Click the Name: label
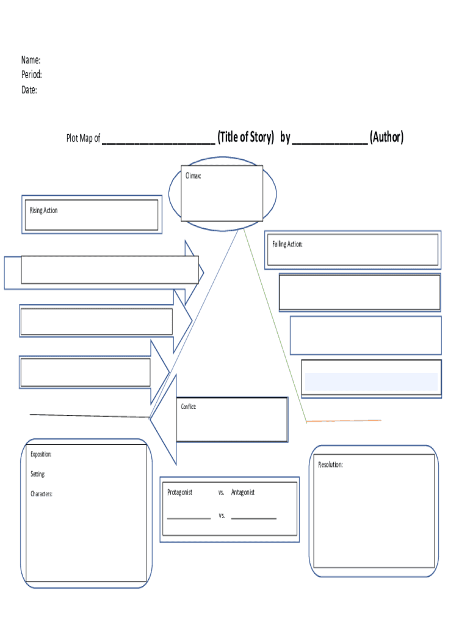tap(31, 60)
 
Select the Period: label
tap(32, 74)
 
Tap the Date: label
tap(29, 90)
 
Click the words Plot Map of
tap(83, 138)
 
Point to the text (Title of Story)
tap(245, 137)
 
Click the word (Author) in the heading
tap(386, 137)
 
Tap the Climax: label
tap(193, 176)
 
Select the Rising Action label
tap(43, 211)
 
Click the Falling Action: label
tap(287, 244)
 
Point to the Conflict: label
tap(188, 406)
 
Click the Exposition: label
tap(41, 454)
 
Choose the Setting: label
tap(38, 474)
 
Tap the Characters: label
tap(42, 494)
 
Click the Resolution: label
tap(330, 465)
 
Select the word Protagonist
tap(180, 492)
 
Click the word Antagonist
tap(243, 492)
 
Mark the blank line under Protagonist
tap(189, 518)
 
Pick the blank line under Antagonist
tap(253, 518)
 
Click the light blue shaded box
tap(371, 381)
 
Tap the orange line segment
tap(344, 421)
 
